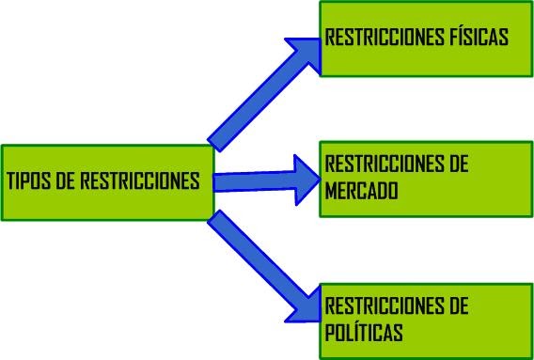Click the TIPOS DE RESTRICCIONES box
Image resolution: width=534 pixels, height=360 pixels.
107,182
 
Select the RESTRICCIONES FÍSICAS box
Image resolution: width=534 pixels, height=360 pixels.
426,39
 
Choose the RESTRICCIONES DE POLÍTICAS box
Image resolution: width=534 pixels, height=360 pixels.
426,320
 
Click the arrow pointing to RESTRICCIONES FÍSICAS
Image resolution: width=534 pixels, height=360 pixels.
263,93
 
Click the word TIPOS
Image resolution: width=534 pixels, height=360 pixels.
28,181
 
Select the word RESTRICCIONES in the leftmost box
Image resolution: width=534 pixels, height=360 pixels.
140,181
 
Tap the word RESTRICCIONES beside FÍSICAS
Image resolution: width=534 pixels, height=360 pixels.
382,39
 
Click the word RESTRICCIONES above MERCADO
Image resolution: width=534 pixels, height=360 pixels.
382,164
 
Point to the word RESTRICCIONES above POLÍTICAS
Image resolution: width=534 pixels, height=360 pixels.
382,306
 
